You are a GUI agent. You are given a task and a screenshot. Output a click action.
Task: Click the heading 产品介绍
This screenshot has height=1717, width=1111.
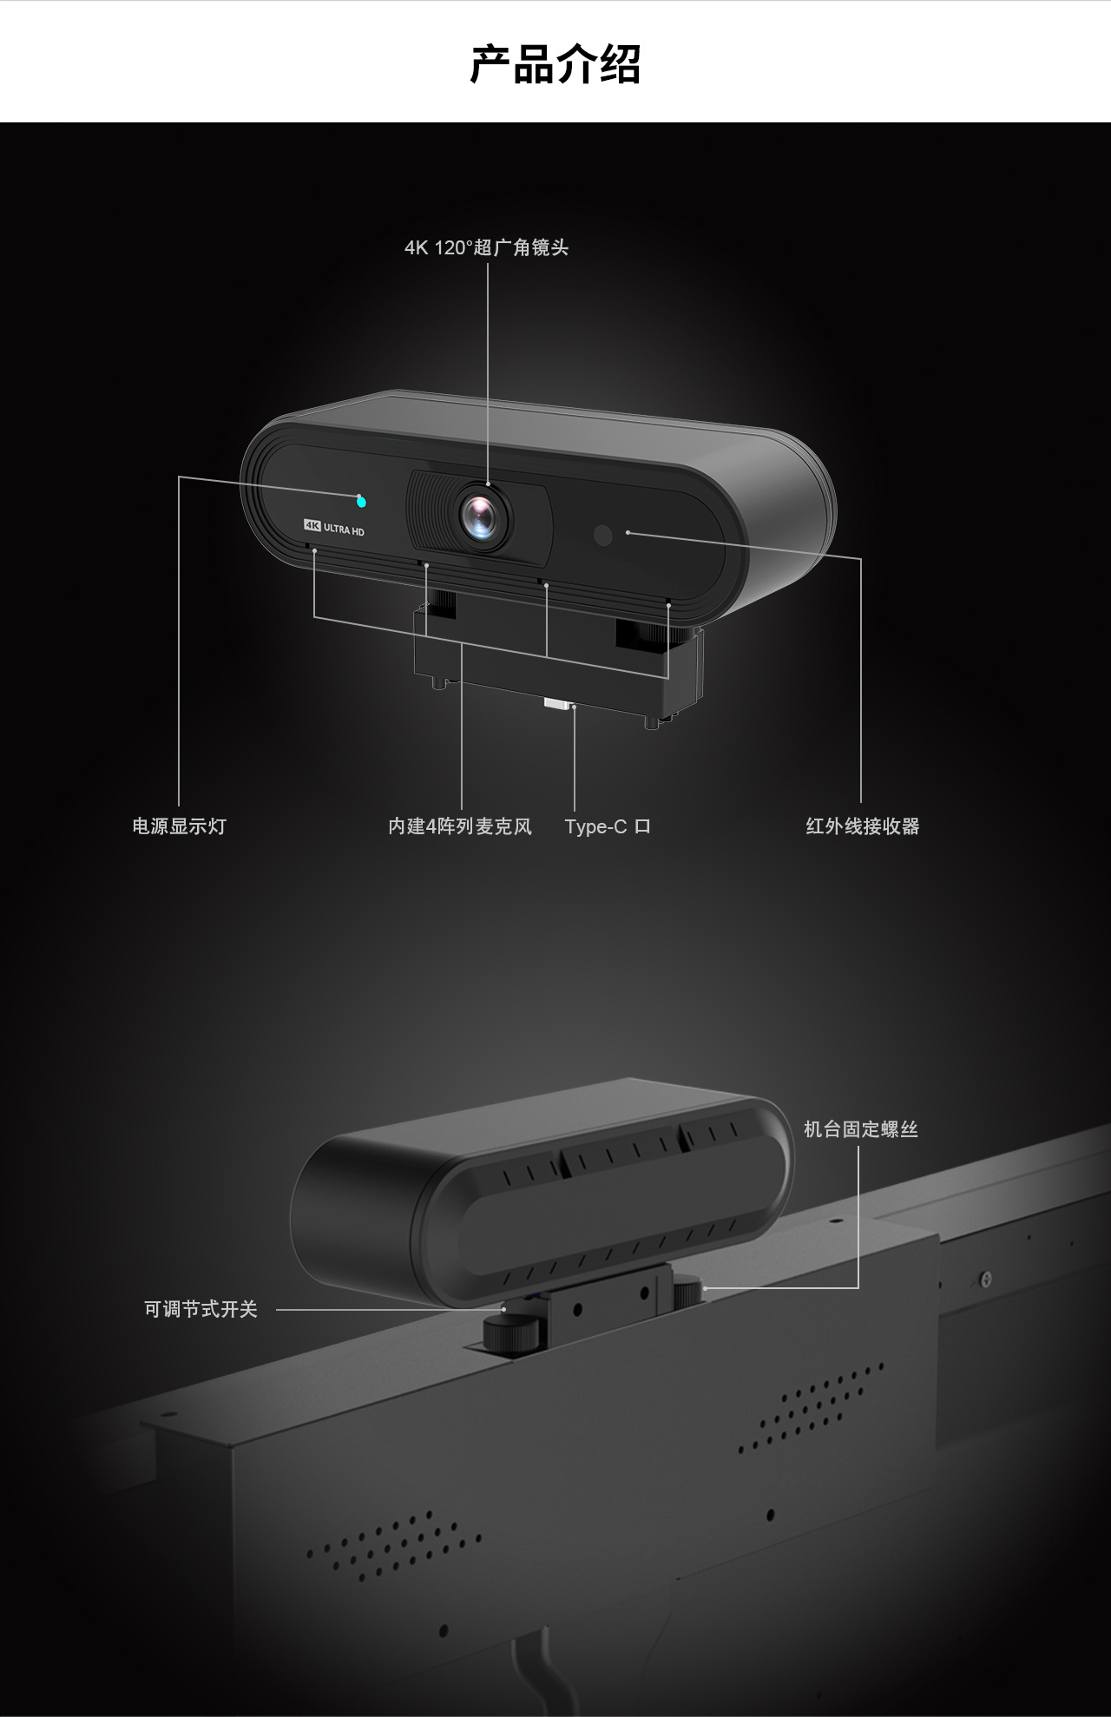555,64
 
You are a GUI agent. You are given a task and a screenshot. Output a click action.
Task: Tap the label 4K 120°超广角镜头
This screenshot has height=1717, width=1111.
486,248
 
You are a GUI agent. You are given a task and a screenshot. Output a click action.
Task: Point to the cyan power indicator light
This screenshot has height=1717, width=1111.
361,501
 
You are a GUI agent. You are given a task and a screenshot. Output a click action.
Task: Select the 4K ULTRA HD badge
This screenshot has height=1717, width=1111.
333,526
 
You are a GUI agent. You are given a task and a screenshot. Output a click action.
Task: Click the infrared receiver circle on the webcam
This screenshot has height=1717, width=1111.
603,535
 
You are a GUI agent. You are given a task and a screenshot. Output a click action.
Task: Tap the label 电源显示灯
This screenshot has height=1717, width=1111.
180,826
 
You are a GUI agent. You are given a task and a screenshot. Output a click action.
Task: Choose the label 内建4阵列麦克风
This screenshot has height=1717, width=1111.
460,826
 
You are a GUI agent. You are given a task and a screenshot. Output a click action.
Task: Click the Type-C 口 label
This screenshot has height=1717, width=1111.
608,826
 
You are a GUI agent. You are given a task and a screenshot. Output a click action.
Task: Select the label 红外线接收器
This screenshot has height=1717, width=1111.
862,826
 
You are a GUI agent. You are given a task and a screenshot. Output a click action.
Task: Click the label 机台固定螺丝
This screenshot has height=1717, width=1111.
860,1129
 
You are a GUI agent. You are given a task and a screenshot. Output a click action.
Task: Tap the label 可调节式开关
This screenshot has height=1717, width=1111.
201,1309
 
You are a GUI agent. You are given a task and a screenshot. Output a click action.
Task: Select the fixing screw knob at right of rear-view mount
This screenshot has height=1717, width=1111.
687,1291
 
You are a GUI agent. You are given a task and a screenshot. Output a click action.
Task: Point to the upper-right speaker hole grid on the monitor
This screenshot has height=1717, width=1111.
811,1406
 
